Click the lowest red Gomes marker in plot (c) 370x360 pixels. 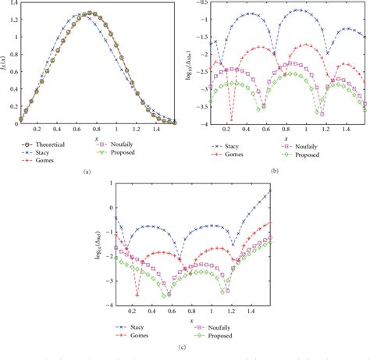137,295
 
